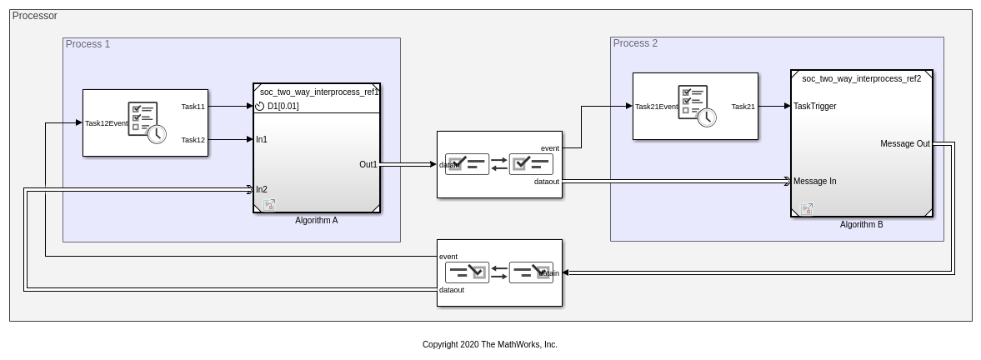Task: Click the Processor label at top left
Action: pyautogui.click(x=35, y=16)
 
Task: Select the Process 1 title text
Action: pyautogui.click(x=88, y=44)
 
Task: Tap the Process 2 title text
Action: pyautogui.click(x=635, y=43)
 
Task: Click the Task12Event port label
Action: pyautogui.click(x=107, y=123)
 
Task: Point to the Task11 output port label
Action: pyautogui.click(x=193, y=107)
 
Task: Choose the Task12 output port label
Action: pyautogui.click(x=193, y=140)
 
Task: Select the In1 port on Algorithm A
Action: pyautogui.click(x=262, y=139)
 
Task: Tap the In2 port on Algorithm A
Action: pyautogui.click(x=262, y=189)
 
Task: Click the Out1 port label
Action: pyautogui.click(x=368, y=164)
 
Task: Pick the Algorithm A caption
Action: pyautogui.click(x=317, y=221)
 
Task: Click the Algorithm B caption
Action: pyautogui.click(x=861, y=224)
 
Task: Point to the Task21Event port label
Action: pyautogui.click(x=657, y=107)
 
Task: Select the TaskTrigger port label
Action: pyautogui.click(x=814, y=106)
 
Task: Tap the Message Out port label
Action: pyautogui.click(x=904, y=143)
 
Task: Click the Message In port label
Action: pyautogui.click(x=814, y=181)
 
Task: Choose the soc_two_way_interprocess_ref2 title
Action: pyautogui.click(x=861, y=78)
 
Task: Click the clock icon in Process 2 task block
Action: pyautogui.click(x=706, y=117)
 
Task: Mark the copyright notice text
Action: pyautogui.click(x=489, y=344)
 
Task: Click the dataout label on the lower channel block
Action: pyautogui.click(x=452, y=290)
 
